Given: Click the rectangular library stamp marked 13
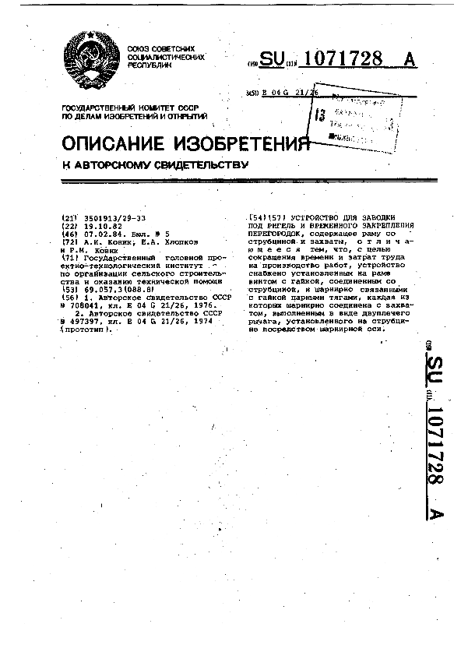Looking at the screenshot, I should pyautogui.click(x=352, y=115).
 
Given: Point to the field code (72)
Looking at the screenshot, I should pyautogui.click(x=69, y=242).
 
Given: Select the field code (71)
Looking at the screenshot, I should pyautogui.click(x=69, y=256).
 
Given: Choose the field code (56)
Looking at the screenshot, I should pyautogui.click(x=69, y=297).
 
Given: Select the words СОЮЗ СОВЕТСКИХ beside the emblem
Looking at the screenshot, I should pyautogui.click(x=165, y=49).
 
